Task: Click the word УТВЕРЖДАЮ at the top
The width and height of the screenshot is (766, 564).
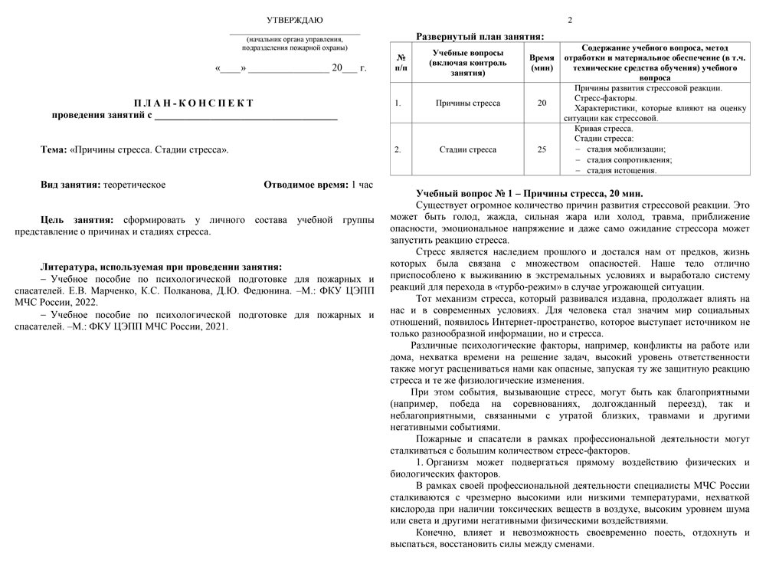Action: [x=294, y=20]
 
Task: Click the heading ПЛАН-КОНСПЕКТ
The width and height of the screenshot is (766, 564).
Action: [x=194, y=103]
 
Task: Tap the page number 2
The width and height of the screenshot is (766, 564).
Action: [x=570, y=20]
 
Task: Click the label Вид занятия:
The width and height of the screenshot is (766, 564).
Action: [x=70, y=185]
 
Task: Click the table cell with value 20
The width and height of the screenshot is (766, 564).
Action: [x=542, y=103]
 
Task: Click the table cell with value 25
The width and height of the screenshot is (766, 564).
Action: [x=542, y=149]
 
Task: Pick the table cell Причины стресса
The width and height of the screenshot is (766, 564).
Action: [x=467, y=103]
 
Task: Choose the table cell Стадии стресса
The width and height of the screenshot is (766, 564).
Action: [x=467, y=149]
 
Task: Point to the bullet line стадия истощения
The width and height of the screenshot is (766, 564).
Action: [x=621, y=170]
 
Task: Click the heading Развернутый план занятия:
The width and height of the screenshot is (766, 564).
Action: [x=480, y=36]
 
